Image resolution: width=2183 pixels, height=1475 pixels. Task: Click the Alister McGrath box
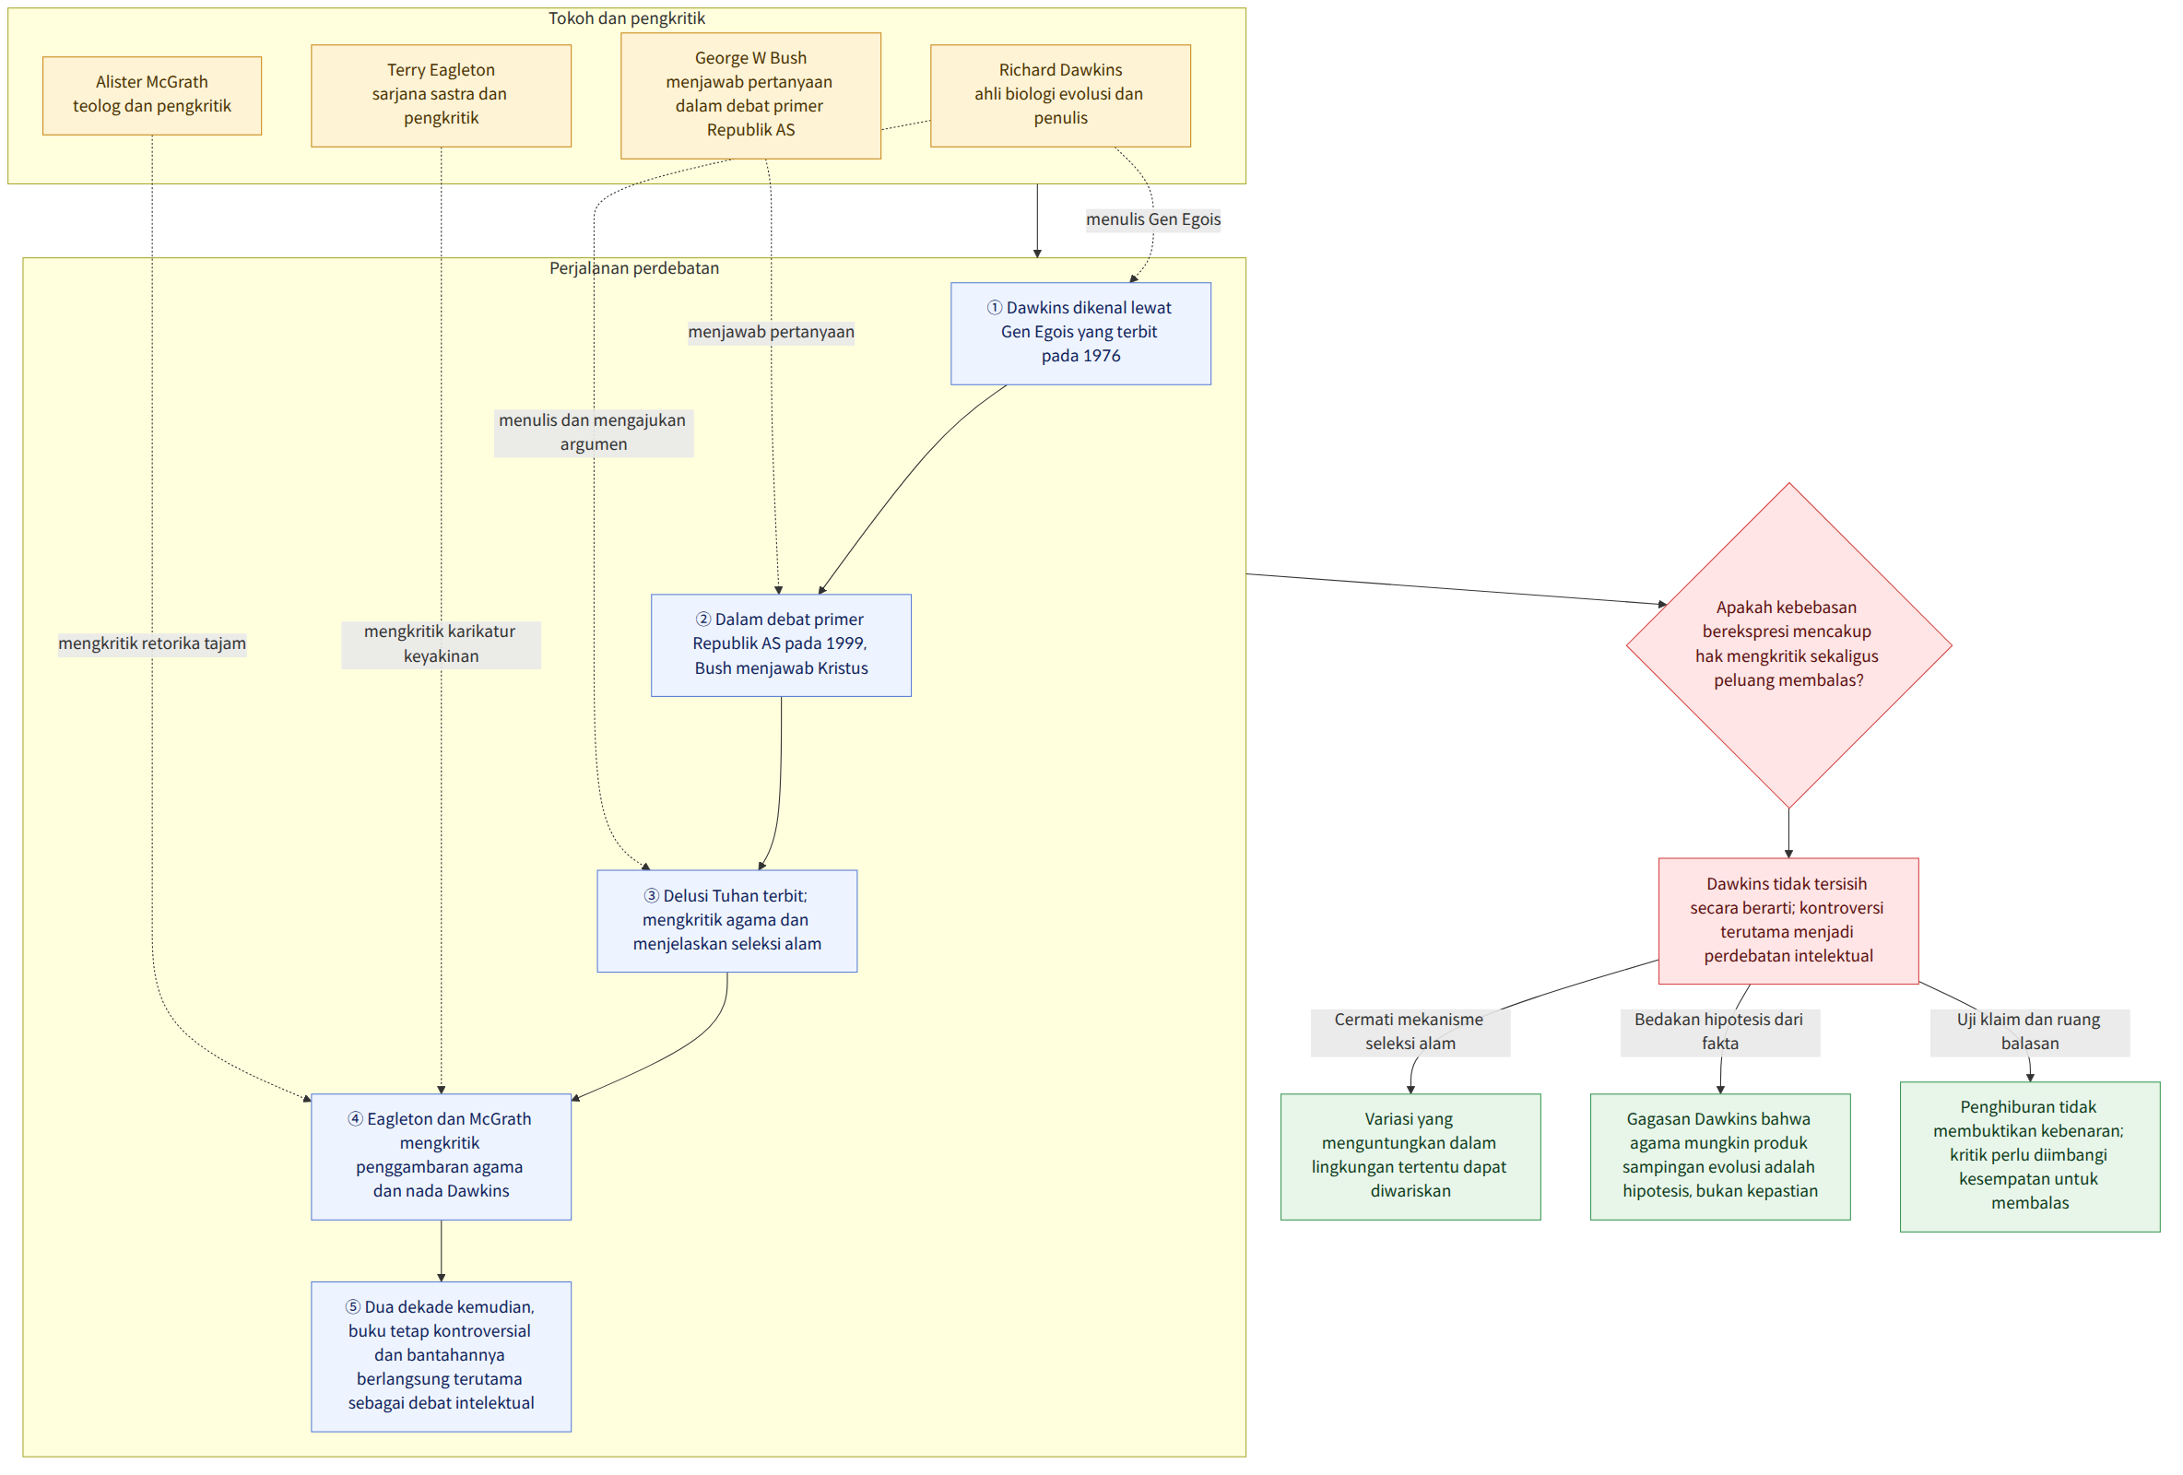[x=152, y=95]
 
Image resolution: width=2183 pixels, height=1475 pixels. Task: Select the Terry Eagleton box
[x=442, y=95]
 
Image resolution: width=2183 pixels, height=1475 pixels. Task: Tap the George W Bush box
[x=750, y=95]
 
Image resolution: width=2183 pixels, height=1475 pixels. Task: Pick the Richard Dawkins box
[x=1060, y=95]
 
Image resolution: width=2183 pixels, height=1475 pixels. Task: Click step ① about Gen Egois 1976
[x=1080, y=334]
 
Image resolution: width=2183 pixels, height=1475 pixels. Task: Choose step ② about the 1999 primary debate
[x=781, y=645]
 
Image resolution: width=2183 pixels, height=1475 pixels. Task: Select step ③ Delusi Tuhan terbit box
[x=727, y=921]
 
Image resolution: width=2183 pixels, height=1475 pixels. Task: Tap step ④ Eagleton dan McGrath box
[x=442, y=1157]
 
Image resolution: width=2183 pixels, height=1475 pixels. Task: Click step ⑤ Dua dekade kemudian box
[x=442, y=1357]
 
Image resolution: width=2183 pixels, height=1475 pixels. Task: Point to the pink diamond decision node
[x=1788, y=645]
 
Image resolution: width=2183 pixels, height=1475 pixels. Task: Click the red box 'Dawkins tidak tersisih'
[x=1788, y=921]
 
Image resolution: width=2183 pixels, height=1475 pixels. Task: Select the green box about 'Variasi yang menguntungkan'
[x=1410, y=1157]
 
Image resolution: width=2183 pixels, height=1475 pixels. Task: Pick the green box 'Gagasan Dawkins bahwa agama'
[x=1720, y=1157]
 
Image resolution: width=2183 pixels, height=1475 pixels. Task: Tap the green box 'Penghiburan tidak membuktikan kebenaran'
[x=2030, y=1157]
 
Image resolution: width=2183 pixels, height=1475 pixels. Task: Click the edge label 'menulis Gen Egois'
[x=1153, y=219]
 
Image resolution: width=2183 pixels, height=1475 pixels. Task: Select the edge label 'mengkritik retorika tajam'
[x=152, y=644]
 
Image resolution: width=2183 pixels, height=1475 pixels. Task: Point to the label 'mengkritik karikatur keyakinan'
[x=441, y=644]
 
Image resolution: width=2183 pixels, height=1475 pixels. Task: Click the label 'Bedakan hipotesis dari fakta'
[x=1720, y=1032]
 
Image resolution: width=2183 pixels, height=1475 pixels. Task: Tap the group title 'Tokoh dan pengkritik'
[x=627, y=18]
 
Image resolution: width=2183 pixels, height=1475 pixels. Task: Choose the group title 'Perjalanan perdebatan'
[x=634, y=268]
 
